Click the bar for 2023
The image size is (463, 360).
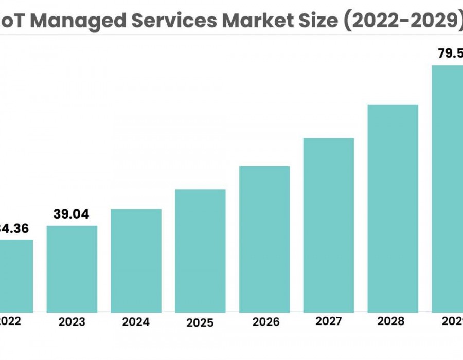click(x=72, y=268)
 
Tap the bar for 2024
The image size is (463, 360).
click(x=136, y=260)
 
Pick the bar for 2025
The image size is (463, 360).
click(x=200, y=250)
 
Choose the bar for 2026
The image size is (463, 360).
click(x=264, y=239)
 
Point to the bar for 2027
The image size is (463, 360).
click(x=329, y=225)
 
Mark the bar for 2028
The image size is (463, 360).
click(x=393, y=208)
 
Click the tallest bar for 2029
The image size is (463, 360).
click(x=448, y=188)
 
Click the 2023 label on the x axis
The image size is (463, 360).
click(x=72, y=322)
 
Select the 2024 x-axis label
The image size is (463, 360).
click(x=136, y=322)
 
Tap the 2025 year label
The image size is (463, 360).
click(x=200, y=323)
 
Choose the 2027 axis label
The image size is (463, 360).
click(x=329, y=321)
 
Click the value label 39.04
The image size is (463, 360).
click(x=72, y=214)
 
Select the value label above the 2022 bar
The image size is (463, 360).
click(x=15, y=228)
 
